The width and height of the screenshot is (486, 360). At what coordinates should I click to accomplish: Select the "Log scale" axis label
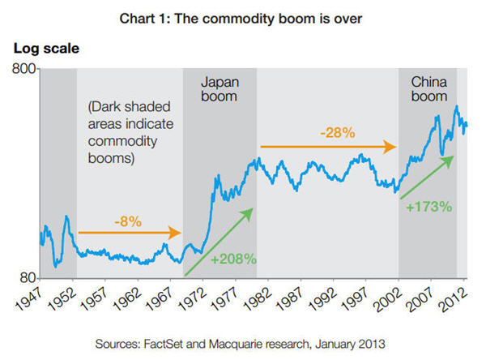[x=46, y=49]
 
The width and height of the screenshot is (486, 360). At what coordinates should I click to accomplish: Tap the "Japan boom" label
[x=220, y=89]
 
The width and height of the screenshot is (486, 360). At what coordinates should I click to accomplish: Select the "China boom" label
[x=428, y=89]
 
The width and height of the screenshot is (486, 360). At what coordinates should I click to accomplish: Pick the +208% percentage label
[x=233, y=259]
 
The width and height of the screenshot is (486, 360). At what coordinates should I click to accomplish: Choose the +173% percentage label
[x=428, y=206]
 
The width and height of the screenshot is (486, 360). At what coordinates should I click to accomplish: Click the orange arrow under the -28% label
[x=327, y=147]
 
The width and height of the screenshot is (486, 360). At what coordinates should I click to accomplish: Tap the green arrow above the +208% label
[x=220, y=241]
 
